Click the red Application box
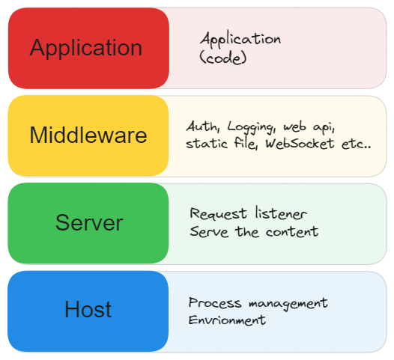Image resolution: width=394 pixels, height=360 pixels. tap(88, 48)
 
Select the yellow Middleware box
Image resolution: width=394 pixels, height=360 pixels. tap(88, 135)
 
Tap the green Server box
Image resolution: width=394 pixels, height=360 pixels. tap(88, 223)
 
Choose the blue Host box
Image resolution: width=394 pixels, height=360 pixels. tap(88, 310)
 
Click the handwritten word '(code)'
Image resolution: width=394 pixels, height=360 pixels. tap(223, 57)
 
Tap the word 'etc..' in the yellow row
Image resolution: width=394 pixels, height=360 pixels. tap(356, 144)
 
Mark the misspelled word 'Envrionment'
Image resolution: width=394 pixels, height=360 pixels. tap(227, 320)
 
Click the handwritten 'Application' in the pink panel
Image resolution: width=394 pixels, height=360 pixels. tap(240, 39)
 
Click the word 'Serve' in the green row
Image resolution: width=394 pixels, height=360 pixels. tap(209, 231)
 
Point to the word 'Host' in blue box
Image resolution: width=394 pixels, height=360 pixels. tap(88, 310)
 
